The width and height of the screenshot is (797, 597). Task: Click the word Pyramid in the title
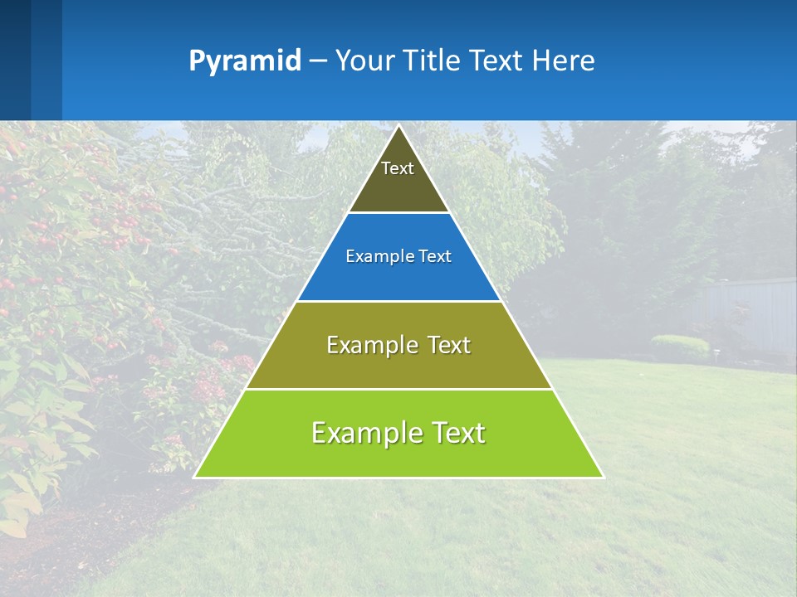point(245,61)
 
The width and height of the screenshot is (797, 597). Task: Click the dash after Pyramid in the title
point(318,61)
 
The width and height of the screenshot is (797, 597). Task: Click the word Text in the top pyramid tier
point(398,168)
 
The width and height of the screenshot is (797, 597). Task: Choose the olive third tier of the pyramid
point(398,365)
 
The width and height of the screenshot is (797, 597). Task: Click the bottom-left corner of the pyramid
point(195,477)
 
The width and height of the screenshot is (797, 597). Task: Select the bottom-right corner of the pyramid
point(603,477)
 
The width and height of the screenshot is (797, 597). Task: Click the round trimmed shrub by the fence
point(680,346)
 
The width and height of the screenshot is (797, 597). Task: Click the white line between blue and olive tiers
point(398,301)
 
